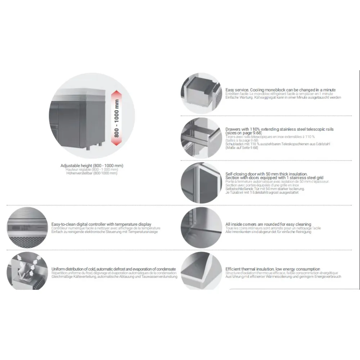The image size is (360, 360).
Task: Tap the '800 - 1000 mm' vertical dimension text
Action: click(117, 118)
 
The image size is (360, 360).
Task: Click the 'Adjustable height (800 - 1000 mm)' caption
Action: click(92, 166)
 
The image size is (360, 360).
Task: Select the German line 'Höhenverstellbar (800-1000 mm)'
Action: click(92, 173)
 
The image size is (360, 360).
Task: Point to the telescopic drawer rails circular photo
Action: click(200, 138)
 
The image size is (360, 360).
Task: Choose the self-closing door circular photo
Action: click(200, 183)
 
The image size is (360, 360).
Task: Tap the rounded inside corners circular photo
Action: click(200, 228)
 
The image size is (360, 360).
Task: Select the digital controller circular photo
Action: click(27, 228)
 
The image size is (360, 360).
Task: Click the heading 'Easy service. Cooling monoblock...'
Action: click(280, 90)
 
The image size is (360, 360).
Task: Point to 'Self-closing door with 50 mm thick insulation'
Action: click(266, 174)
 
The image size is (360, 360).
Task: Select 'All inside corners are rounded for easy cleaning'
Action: click(268, 224)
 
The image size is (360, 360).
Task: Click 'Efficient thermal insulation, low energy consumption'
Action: click(273, 269)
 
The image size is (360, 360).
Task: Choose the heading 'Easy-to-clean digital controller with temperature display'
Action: click(101, 224)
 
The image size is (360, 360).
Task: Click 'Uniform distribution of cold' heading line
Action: click(113, 269)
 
